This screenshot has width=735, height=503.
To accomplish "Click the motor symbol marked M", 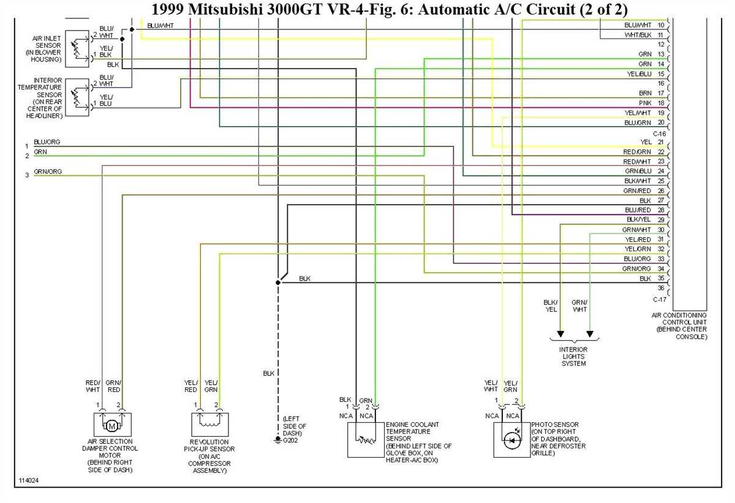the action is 112,426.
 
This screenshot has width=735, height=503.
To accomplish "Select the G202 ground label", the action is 290,441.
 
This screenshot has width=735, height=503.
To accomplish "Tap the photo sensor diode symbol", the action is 511,441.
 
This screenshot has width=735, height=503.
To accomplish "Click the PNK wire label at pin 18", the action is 645,103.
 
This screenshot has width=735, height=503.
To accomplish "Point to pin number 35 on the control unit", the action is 661,278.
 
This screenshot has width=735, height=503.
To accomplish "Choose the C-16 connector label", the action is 659,134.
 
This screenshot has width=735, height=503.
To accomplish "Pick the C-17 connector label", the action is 659,300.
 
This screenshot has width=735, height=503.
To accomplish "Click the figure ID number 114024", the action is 29,480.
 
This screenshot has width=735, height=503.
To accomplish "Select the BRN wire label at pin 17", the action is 645,93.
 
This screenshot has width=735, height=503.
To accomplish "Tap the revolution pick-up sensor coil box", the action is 210,425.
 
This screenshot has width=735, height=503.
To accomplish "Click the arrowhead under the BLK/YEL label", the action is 560,334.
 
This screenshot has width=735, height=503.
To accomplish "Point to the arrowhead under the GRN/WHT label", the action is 590,334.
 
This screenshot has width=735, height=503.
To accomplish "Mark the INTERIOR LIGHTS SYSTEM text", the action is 573,357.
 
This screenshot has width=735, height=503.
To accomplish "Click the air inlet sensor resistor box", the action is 77,49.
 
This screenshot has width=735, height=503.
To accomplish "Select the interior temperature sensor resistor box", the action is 77,97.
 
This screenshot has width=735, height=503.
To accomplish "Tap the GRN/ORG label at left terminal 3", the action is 48,172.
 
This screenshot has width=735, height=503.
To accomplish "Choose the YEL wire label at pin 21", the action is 646,142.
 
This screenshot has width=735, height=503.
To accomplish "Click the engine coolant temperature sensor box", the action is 366,440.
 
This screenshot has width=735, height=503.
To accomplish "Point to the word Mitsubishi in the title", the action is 225,9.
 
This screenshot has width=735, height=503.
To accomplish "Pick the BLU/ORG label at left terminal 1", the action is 47,142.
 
